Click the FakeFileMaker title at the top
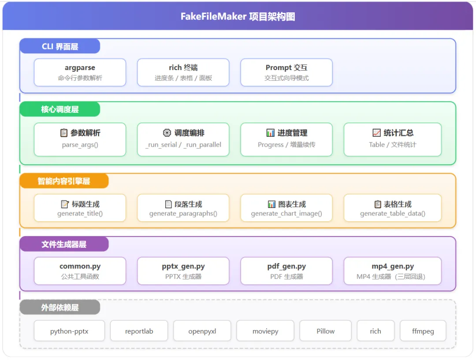238,16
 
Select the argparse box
80,73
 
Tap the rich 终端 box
183,73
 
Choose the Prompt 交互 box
286,73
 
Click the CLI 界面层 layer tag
60,46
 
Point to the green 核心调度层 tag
60,109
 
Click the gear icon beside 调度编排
167,133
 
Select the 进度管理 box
286,140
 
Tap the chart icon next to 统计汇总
376,133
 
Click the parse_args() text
80,145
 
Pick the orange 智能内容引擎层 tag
64,181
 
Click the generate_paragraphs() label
183,214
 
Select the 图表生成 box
286,208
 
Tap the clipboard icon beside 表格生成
378,204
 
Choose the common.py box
80,271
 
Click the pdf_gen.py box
286,271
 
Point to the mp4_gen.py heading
393,267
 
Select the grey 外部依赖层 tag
60,307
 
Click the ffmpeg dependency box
423,331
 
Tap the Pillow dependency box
325,331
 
